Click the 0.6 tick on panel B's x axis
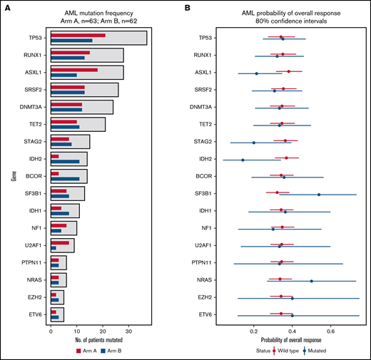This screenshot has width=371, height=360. click(x=330, y=331)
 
